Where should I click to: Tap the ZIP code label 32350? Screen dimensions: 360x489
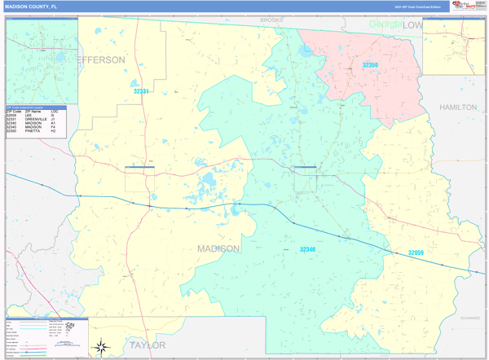(x=371, y=65)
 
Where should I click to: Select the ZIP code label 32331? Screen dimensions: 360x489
(x=142, y=91)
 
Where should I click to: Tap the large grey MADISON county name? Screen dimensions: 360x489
(x=218, y=248)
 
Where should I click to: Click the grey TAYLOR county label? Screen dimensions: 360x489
(x=147, y=345)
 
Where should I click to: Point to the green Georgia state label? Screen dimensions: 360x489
(x=385, y=24)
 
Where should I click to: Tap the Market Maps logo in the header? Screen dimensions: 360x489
(x=467, y=6)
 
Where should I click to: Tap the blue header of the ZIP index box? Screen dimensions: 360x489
(x=41, y=107)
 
